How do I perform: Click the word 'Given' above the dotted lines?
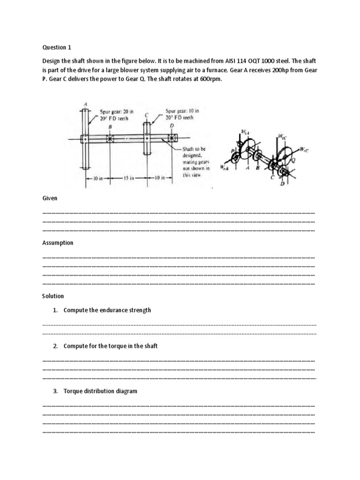point(50,198)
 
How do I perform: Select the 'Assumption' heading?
point(58,243)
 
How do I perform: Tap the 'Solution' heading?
point(53,296)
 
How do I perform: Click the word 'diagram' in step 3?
point(126,391)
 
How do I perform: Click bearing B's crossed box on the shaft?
point(111,139)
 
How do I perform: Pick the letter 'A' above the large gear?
point(85,104)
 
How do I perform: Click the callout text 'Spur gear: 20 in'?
point(114,112)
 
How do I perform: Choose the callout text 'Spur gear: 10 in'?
point(182,112)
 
